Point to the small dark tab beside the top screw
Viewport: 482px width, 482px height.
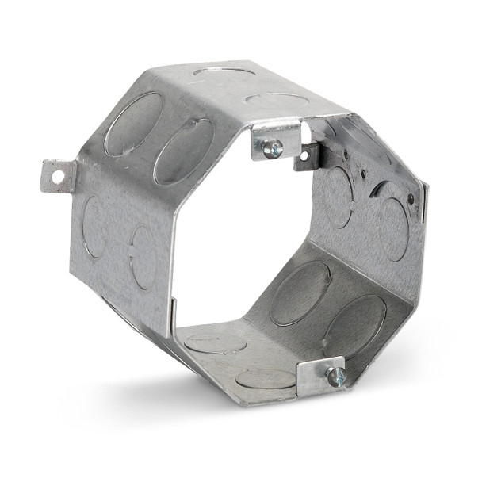click(307, 157)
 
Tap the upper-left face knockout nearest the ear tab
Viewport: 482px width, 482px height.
click(133, 124)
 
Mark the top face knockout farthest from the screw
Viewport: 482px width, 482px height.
click(224, 71)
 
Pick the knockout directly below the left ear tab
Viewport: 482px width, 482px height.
click(94, 226)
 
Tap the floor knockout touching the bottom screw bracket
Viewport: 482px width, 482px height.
click(266, 377)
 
